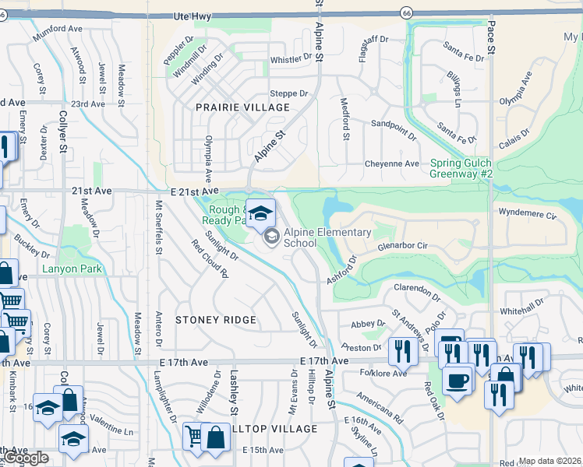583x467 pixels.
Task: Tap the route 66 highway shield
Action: click(407, 12)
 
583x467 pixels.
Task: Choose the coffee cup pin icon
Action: click(458, 381)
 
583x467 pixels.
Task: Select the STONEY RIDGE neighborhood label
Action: click(216, 320)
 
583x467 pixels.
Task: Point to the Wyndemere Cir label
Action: click(528, 212)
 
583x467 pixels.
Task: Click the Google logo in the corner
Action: click(26, 458)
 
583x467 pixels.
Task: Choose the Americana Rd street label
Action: click(380, 407)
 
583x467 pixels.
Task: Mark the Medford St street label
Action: click(344, 119)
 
